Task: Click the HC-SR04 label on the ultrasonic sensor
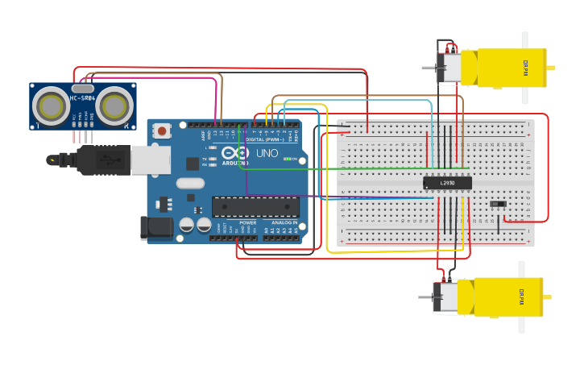(x=83, y=98)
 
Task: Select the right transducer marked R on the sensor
(x=114, y=105)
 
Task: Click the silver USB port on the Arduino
(x=151, y=160)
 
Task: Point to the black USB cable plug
(x=102, y=160)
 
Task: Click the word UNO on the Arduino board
(x=267, y=153)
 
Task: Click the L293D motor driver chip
(x=447, y=183)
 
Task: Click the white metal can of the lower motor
(x=448, y=297)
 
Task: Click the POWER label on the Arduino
(x=248, y=222)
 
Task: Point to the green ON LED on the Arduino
(x=287, y=160)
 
